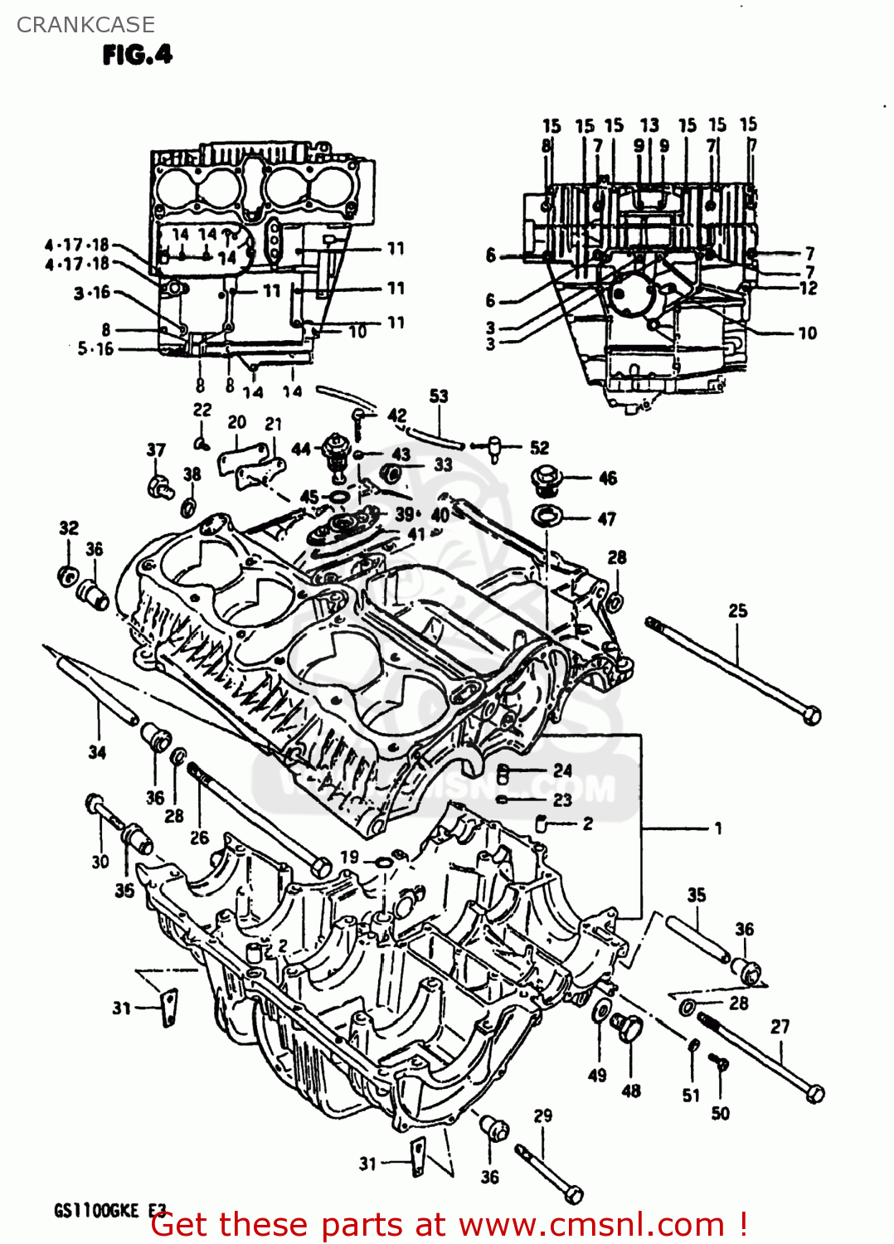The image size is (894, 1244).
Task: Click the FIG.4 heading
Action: click(137, 55)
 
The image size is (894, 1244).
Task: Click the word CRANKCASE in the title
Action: click(85, 25)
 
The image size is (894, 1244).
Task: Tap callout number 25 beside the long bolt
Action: click(737, 610)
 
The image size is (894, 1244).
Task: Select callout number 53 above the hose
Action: click(439, 396)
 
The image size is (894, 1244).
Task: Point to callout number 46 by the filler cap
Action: click(607, 478)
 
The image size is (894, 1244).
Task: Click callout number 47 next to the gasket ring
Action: click(607, 518)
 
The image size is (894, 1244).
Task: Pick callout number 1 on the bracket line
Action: click(717, 828)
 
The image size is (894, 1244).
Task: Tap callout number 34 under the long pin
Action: click(97, 752)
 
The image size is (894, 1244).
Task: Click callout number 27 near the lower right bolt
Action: click(780, 1026)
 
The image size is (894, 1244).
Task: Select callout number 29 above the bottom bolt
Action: click(542, 1115)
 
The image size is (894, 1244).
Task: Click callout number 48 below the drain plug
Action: click(631, 1091)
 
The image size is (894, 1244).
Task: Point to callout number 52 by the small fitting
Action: click(539, 448)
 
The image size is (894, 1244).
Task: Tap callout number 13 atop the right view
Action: click(649, 125)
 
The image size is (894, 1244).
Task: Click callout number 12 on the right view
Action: click(809, 288)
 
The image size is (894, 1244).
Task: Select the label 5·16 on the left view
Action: click(95, 349)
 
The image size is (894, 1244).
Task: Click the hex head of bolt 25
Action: click(813, 715)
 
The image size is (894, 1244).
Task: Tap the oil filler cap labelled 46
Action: click(547, 479)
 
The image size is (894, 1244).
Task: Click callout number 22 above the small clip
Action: click(202, 410)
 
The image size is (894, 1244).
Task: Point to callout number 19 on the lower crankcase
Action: click(349, 858)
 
